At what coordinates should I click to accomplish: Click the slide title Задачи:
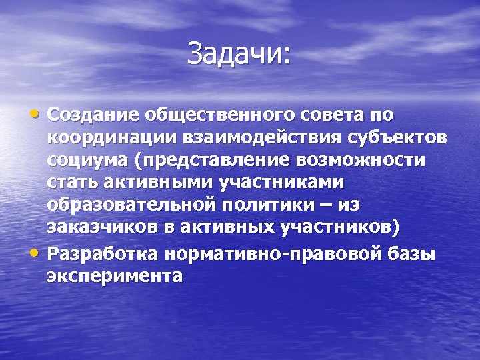[x=239, y=54]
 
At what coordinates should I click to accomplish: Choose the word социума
[x=87, y=161]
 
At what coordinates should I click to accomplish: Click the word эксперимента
[x=114, y=276]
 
